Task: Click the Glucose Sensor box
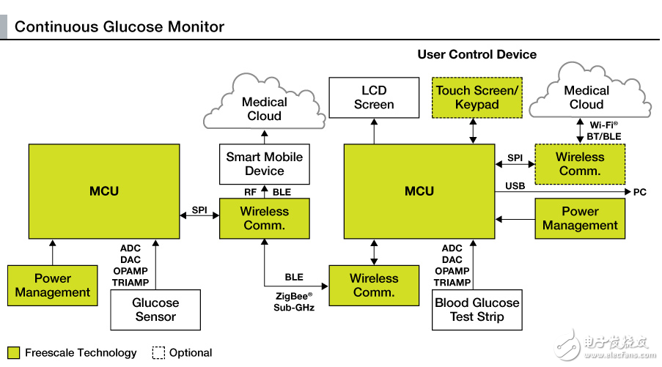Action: point(155,310)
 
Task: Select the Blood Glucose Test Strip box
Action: point(477,310)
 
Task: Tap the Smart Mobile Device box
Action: point(264,163)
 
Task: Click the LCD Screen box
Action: point(374,97)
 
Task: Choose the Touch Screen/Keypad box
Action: point(477,97)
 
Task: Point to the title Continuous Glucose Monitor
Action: point(119,27)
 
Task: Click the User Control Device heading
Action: point(477,54)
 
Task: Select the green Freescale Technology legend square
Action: point(13,352)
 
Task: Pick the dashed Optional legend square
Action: point(158,352)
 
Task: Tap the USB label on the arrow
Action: point(515,186)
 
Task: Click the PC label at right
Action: point(640,192)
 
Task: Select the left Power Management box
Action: point(53,285)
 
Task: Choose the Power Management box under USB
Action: point(580,218)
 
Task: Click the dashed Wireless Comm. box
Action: point(580,163)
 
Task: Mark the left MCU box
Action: point(104,191)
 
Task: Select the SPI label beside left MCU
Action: point(199,210)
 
